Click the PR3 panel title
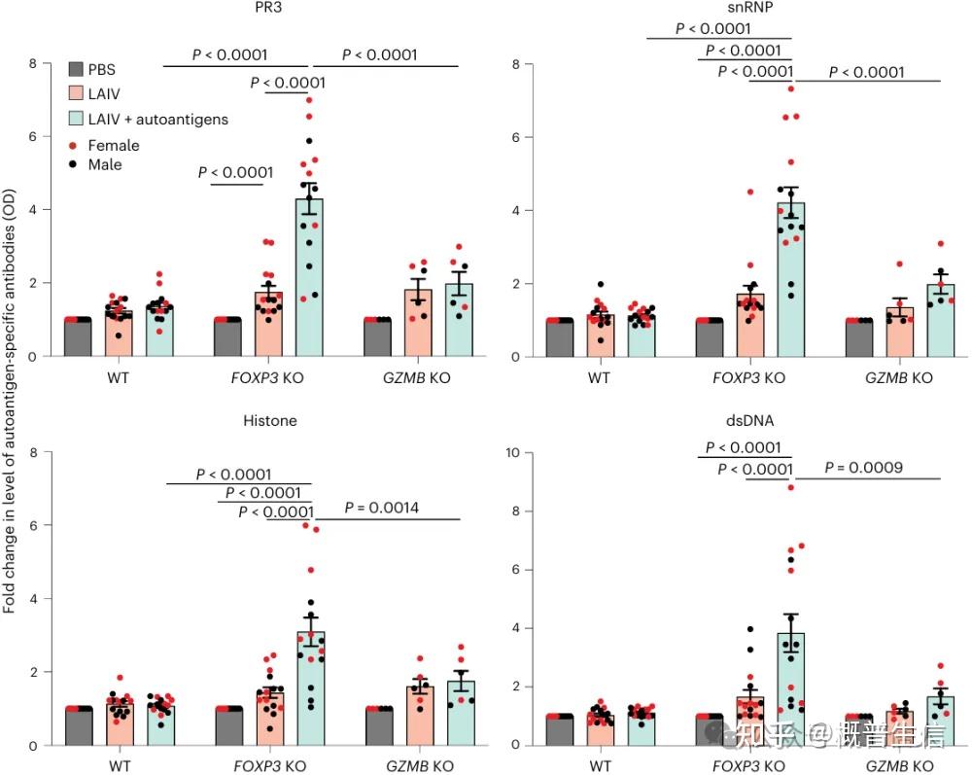pyautogui.click(x=257, y=9)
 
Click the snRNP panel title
pyautogui.click(x=745, y=9)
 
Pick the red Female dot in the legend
pyautogui.click(x=73, y=146)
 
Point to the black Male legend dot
pyautogui.click(x=73, y=165)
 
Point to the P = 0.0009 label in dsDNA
pyautogui.click(x=864, y=468)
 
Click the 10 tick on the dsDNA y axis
pyautogui.click(x=518, y=453)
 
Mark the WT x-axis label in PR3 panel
pyautogui.click(x=120, y=377)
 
